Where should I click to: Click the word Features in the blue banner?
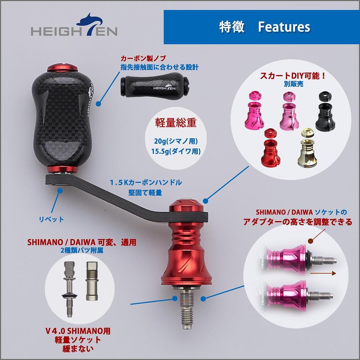(x=284, y=27)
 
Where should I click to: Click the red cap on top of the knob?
(x=62, y=68)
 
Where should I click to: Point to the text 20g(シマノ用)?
(x=176, y=141)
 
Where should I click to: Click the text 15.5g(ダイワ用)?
(x=176, y=151)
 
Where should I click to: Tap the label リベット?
(x=51, y=220)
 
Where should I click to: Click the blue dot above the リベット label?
(x=60, y=191)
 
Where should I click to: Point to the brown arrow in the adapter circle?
(x=323, y=273)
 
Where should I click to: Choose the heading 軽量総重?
(x=176, y=122)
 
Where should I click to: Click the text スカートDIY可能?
(x=293, y=76)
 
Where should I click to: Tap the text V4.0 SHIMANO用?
(x=78, y=331)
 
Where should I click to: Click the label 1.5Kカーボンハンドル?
(x=146, y=183)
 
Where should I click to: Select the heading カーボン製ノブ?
(x=143, y=58)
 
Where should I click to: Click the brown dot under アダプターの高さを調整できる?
(x=310, y=241)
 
